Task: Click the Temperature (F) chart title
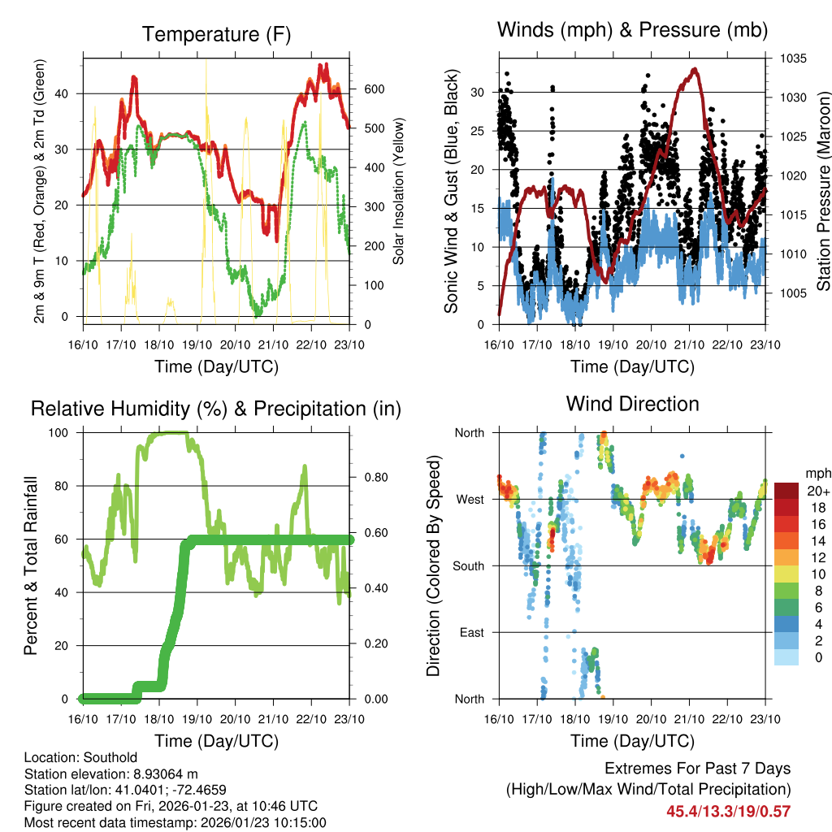[216, 34]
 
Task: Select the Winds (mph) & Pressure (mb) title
[632, 31]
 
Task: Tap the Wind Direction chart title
[632, 404]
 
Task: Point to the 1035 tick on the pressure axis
[792, 58]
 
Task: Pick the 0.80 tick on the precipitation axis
[373, 477]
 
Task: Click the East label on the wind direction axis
[470, 632]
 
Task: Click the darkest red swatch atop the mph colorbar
[786, 490]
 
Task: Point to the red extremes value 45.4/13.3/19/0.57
[728, 811]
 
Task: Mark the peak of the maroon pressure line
[695, 69]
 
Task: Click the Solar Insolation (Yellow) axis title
[398, 191]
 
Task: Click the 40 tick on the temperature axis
[67, 93]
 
